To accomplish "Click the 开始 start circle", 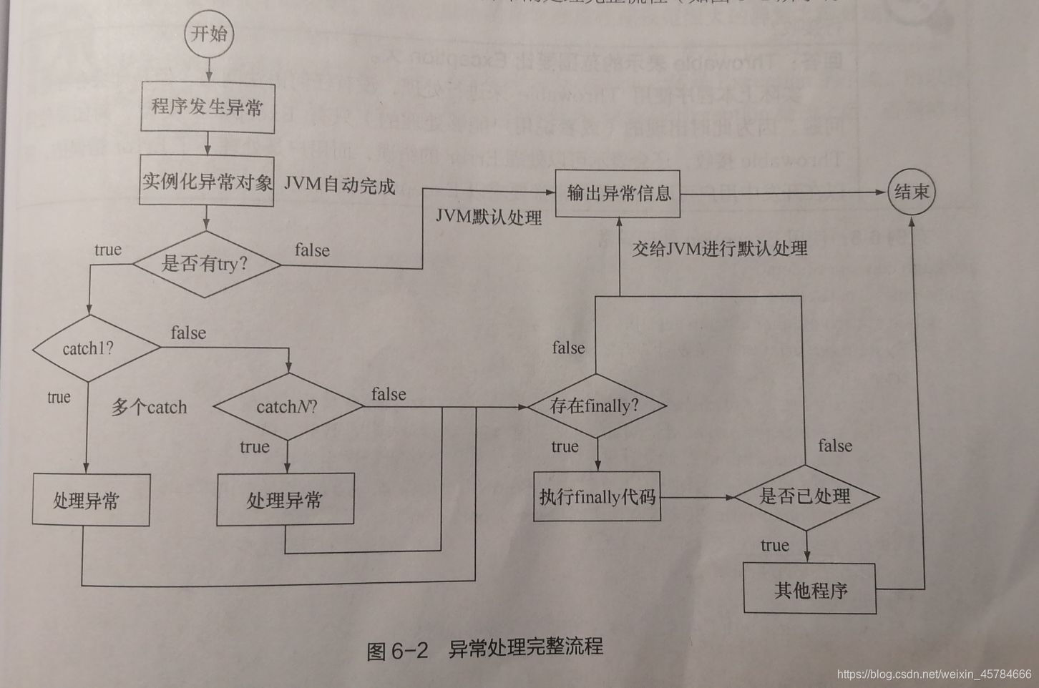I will point(209,34).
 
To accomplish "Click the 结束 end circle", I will point(911,192).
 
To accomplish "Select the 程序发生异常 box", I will point(208,107).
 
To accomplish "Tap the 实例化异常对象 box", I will point(207,182).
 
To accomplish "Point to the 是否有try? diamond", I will point(206,264).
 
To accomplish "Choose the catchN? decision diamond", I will point(288,407).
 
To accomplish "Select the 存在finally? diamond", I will point(595,406).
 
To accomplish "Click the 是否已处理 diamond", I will point(806,496).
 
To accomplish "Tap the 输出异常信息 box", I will point(618,193).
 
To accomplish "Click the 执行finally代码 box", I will point(597,496).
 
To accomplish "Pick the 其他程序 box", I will point(809,589).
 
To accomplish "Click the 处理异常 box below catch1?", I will point(91,501).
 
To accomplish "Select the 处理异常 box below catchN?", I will point(285,500).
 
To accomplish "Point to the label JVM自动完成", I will point(339,185).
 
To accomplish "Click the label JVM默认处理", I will point(489,217).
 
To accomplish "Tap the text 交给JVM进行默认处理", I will point(719,248).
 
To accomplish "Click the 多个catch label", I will point(149,408).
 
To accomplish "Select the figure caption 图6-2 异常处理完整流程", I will point(484,649).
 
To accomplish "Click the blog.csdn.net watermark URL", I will point(933,674).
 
